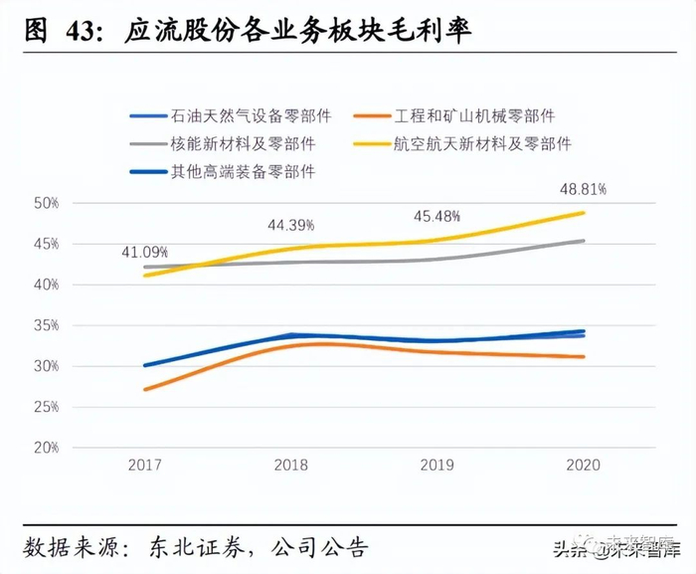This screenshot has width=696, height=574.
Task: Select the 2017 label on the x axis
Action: (145, 466)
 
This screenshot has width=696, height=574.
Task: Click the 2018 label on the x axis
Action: (290, 466)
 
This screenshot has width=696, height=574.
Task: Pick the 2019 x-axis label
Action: (436, 466)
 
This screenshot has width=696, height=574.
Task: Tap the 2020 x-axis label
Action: (582, 466)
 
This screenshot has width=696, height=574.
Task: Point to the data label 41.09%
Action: (146, 252)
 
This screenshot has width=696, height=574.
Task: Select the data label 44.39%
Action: (290, 225)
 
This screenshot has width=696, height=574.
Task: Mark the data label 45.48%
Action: (437, 217)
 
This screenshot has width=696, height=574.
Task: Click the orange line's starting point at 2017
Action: (146, 389)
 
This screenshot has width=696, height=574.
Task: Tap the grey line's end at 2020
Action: (583, 241)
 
